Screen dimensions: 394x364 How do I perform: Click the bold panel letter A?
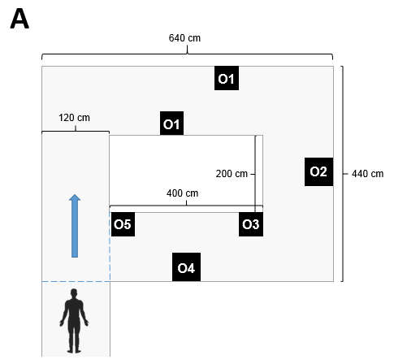(19, 19)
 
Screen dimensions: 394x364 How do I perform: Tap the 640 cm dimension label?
(184, 38)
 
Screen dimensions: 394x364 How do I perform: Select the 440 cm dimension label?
(367, 174)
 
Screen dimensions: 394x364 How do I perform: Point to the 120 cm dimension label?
(74, 118)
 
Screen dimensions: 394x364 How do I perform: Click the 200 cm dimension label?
(232, 174)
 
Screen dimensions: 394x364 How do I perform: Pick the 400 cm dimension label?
(182, 193)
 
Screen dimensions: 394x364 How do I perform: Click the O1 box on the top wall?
(227, 78)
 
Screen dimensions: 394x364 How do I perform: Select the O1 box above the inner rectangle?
(171, 123)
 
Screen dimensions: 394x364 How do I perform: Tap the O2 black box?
(318, 171)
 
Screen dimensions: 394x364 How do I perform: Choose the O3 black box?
(251, 224)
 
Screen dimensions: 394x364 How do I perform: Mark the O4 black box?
(186, 267)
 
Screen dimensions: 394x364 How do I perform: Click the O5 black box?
(123, 224)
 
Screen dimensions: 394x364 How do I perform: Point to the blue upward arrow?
(75, 226)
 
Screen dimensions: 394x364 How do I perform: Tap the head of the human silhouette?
(74, 293)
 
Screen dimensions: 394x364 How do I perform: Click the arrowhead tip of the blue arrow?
(75, 194)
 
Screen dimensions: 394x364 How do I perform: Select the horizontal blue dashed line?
(76, 282)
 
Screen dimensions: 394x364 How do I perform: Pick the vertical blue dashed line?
(110, 246)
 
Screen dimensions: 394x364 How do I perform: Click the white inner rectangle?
(186, 171)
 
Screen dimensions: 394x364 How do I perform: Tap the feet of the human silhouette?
(74, 351)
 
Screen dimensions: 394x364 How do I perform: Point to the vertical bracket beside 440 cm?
(343, 174)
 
